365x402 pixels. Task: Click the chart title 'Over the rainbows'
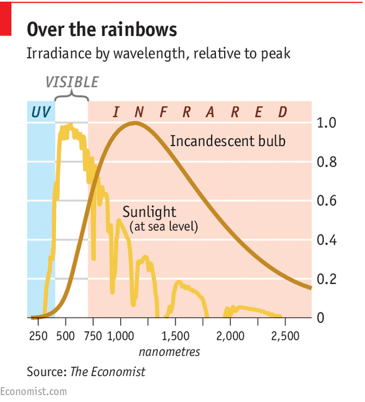coord(101,29)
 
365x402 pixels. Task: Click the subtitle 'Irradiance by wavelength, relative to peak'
coord(158,54)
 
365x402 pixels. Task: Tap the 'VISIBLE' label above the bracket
coord(72,82)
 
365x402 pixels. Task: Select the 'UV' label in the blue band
coord(40,113)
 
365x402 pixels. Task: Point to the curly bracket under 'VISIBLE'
coord(71,95)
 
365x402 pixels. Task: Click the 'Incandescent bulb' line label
coord(227,141)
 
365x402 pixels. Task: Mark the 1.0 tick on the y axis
coord(329,123)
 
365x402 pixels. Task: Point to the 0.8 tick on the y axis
coord(329,162)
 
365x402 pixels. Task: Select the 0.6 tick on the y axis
coord(329,201)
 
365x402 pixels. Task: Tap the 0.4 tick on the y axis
coord(329,240)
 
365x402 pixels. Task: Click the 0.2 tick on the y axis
coord(329,279)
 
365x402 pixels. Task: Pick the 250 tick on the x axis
coord(38,335)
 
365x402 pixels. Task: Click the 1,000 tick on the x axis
coord(120,335)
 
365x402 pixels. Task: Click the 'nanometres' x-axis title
coord(169,351)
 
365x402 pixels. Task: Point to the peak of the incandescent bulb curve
coord(134,123)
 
